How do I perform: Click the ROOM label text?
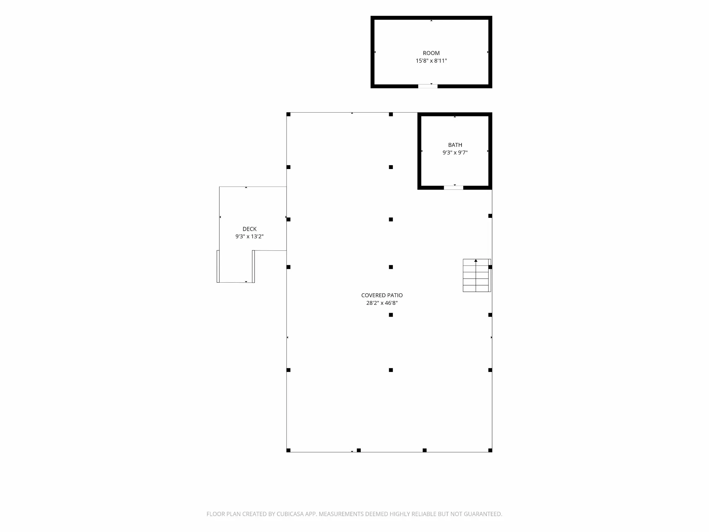(x=431, y=53)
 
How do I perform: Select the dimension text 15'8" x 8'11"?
(x=431, y=61)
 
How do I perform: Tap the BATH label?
(x=455, y=145)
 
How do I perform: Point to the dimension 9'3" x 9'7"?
(x=455, y=152)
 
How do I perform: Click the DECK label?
(x=249, y=229)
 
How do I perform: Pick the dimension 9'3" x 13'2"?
(x=249, y=237)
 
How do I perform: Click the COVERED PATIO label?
(x=382, y=295)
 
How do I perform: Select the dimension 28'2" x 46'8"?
(x=382, y=303)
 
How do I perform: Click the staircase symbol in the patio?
(x=477, y=275)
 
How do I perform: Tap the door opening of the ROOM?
(x=428, y=86)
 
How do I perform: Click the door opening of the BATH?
(x=454, y=188)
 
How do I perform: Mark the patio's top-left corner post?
(x=288, y=114)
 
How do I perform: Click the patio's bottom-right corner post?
(x=490, y=450)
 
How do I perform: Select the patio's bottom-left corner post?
(x=288, y=450)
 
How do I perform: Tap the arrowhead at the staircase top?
(x=476, y=260)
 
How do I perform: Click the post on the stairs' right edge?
(x=490, y=267)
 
